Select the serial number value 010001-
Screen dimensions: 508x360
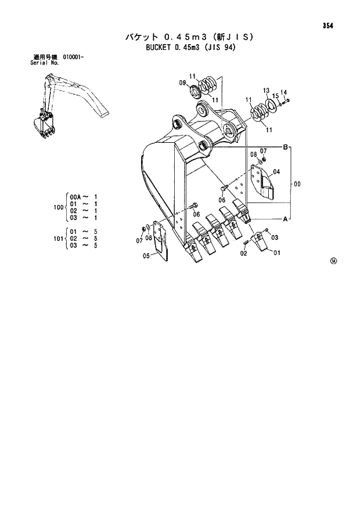(73, 57)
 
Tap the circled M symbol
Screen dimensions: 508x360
(333, 261)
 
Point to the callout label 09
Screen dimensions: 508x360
(182, 83)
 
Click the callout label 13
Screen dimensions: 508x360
(266, 91)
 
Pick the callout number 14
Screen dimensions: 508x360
(283, 92)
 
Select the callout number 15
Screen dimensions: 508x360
(275, 96)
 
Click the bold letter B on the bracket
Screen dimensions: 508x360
(285, 147)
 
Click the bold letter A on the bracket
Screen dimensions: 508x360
(285, 219)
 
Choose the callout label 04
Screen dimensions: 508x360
(276, 172)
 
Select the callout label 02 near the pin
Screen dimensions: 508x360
(244, 253)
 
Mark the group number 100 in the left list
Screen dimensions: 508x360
(57, 207)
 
